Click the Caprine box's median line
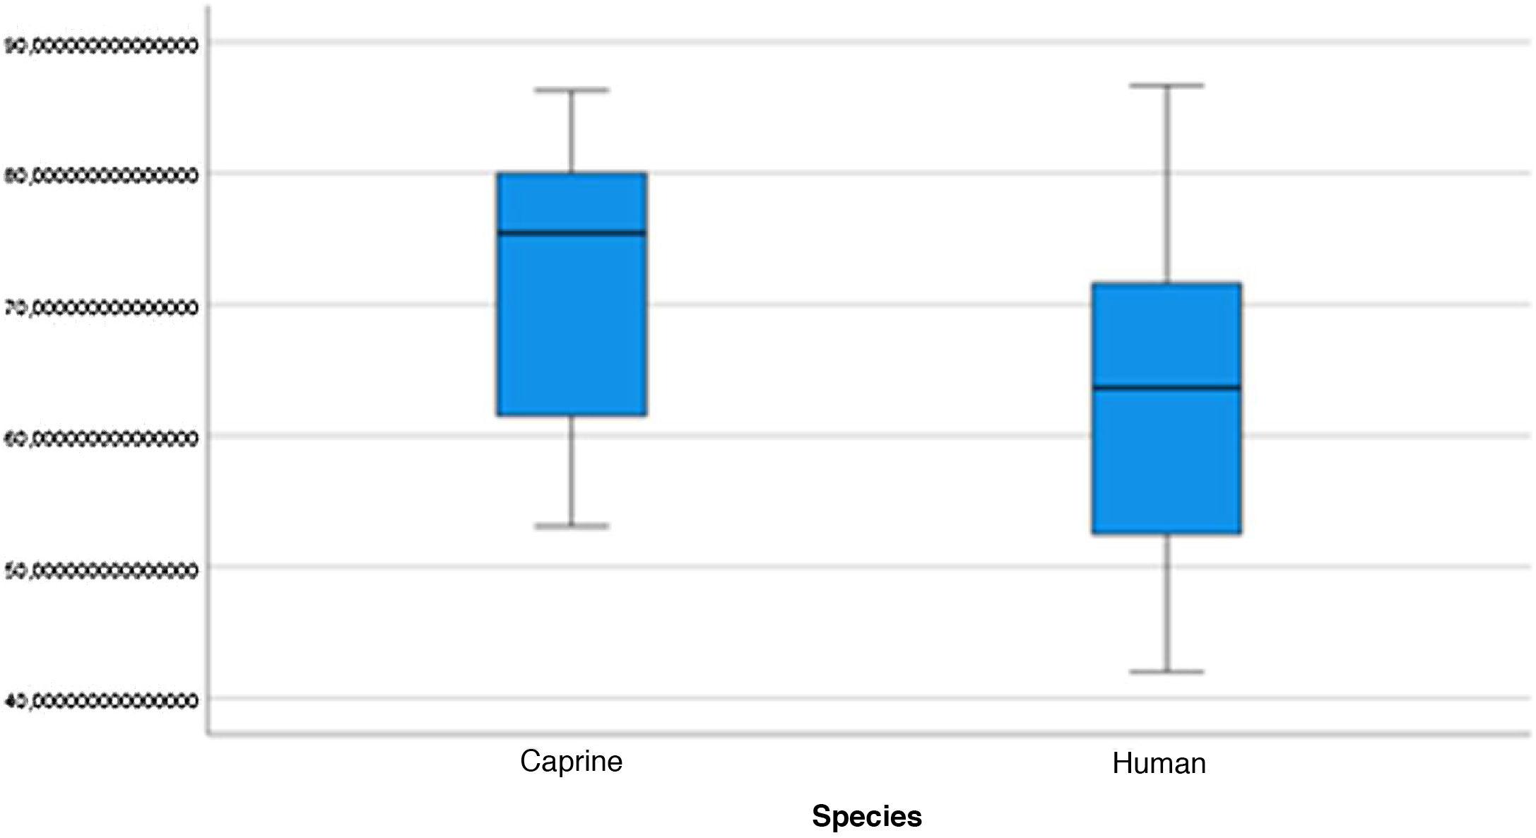click(572, 232)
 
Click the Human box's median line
click(1166, 387)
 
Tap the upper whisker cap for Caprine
click(572, 90)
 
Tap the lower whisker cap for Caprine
click(572, 526)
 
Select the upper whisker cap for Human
click(1166, 85)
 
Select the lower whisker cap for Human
click(1166, 671)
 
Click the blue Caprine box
click(572, 325)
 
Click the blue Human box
click(1166, 459)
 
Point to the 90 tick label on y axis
click(101, 46)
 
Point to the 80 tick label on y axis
click(101, 176)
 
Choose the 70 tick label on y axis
click(101, 308)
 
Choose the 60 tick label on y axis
click(101, 439)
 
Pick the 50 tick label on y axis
click(101, 570)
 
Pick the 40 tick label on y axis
click(101, 701)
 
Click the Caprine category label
click(571, 761)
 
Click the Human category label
click(1159, 764)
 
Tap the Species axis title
click(866, 816)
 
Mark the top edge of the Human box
click(1166, 284)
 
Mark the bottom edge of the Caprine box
click(572, 414)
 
